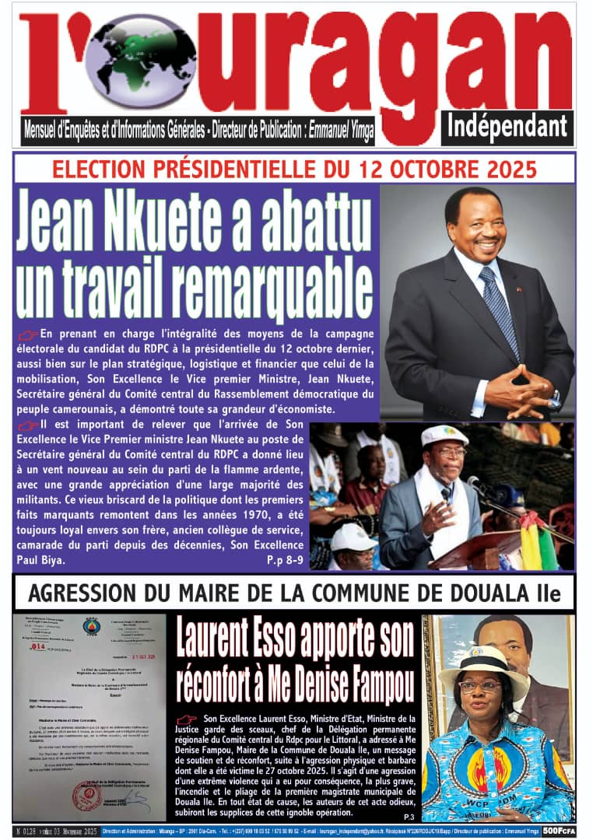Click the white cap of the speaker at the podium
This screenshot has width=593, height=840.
click(444, 435)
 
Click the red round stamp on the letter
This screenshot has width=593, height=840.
click(86, 796)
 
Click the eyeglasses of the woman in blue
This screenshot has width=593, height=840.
click(481, 686)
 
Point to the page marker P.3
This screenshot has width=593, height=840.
click(409, 816)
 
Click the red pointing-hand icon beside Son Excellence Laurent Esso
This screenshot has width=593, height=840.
click(187, 720)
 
